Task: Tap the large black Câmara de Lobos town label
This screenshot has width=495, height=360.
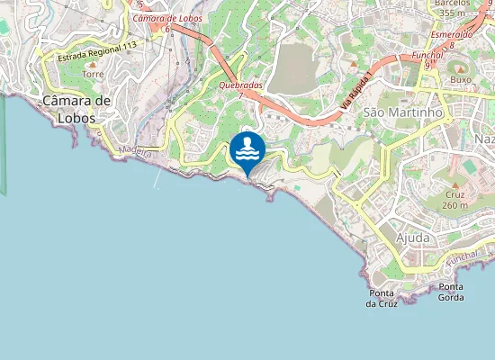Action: (x=76, y=109)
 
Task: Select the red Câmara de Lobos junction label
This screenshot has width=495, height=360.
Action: (x=167, y=18)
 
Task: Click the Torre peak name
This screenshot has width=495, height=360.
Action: (x=94, y=74)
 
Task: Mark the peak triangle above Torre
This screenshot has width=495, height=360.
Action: (x=93, y=64)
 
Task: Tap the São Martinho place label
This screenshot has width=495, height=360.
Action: (x=404, y=112)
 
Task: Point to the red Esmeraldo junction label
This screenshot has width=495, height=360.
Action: (x=452, y=35)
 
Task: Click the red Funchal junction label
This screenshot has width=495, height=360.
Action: (x=427, y=55)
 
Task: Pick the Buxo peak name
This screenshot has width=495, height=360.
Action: (x=461, y=79)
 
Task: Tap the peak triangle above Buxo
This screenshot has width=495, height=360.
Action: (x=461, y=68)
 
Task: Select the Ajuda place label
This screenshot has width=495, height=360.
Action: (x=413, y=238)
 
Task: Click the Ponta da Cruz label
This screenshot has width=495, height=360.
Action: (x=382, y=299)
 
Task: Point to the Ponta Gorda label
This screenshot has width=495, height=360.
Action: (x=451, y=292)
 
